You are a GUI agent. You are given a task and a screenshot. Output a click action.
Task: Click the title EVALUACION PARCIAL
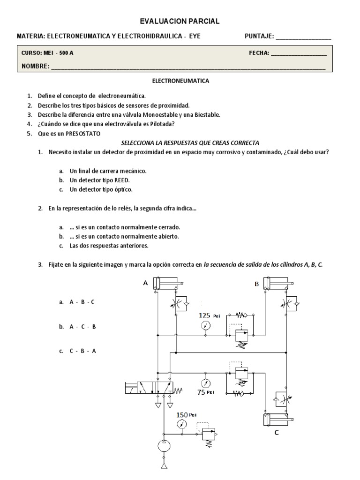(x=180, y=22)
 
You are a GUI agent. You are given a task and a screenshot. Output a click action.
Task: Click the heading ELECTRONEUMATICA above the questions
(x=180, y=81)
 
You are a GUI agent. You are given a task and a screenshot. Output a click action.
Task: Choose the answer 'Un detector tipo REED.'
(x=100, y=180)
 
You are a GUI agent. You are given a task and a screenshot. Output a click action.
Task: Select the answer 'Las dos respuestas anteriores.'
(x=109, y=246)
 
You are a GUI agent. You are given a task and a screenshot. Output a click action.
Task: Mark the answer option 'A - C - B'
(x=82, y=327)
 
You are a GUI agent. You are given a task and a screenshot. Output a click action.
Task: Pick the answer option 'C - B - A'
(x=82, y=351)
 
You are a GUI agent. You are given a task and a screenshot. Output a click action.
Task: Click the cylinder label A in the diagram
(x=145, y=283)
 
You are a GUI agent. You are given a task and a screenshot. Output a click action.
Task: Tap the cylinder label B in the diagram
(x=256, y=284)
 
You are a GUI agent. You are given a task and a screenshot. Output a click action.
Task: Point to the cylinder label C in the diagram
(x=277, y=433)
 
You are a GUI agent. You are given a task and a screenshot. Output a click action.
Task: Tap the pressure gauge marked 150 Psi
(x=180, y=424)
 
